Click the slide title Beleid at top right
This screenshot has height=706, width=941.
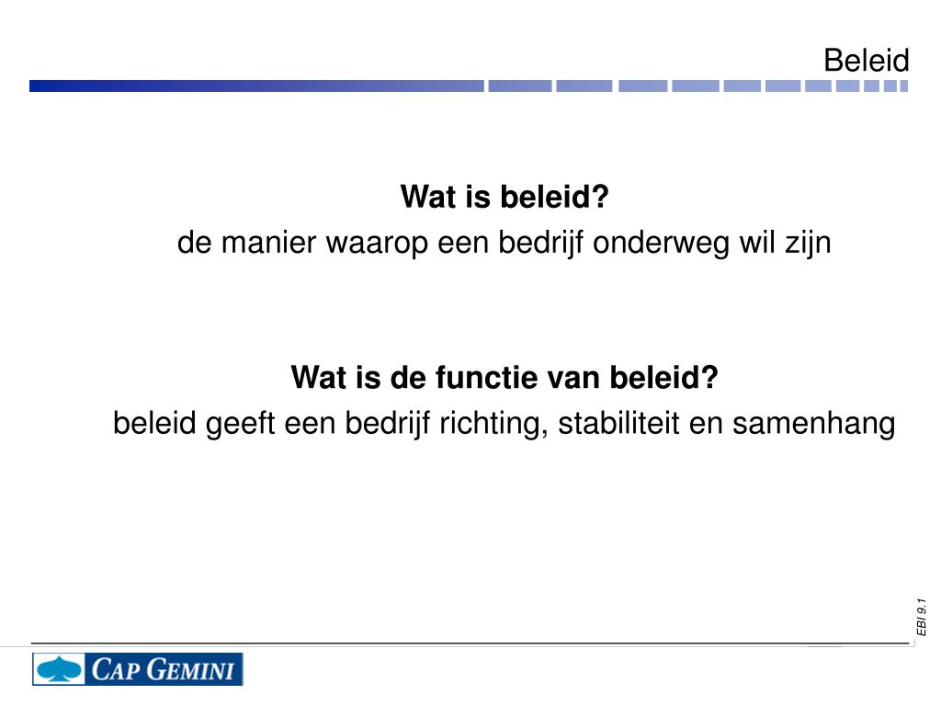point(866,61)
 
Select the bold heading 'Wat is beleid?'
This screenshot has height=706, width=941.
point(505,197)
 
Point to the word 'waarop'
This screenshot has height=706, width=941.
point(355,244)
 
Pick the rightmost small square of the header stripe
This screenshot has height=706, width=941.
point(903,85)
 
